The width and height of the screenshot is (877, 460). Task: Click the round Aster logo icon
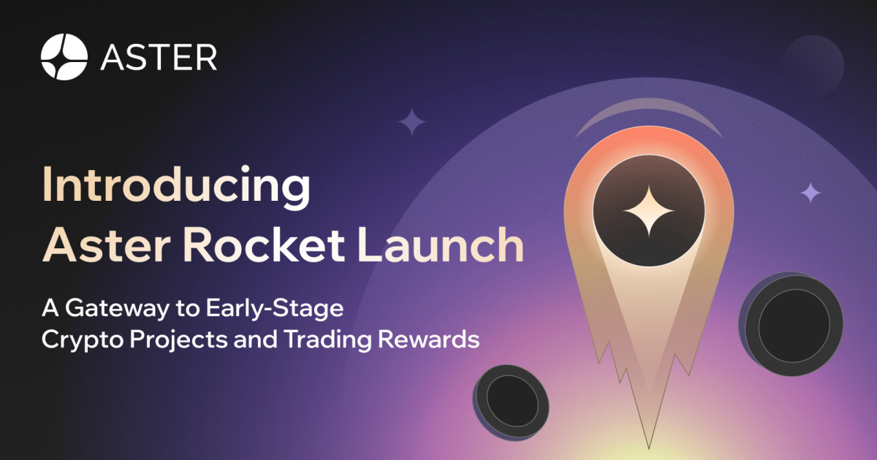click(x=64, y=57)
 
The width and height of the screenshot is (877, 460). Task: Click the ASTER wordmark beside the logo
click(x=159, y=58)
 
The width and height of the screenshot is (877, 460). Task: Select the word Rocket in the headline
click(x=264, y=245)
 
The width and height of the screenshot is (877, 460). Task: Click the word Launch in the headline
click(x=441, y=245)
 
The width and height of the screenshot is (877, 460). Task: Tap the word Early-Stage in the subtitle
click(x=275, y=309)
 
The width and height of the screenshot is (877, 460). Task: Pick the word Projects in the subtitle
click(x=178, y=340)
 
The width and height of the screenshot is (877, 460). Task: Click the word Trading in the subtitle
click(x=327, y=340)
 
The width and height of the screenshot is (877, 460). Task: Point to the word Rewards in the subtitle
click(x=428, y=339)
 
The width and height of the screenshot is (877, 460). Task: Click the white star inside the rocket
click(x=649, y=211)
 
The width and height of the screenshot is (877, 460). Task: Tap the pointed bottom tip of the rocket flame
click(x=649, y=448)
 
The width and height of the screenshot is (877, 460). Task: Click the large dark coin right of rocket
click(x=791, y=324)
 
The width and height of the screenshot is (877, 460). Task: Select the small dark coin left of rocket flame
click(x=511, y=403)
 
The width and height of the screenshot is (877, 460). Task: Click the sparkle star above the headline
click(x=412, y=122)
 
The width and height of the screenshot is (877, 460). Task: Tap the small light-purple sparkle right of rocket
click(x=810, y=193)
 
